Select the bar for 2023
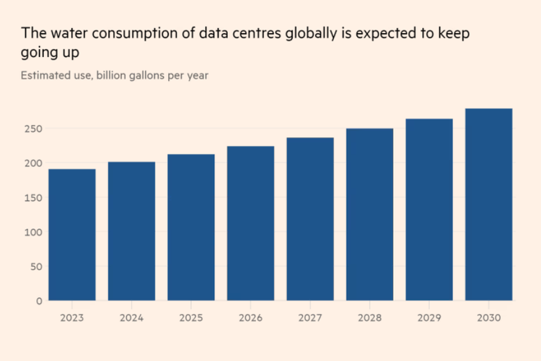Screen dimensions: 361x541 [x=72, y=235]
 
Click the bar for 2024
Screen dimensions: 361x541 [x=131, y=231]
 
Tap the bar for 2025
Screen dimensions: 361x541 [x=191, y=227]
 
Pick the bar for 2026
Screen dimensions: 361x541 [x=250, y=223]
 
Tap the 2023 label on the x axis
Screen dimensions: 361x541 [x=72, y=317]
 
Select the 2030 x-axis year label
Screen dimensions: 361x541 [x=488, y=317]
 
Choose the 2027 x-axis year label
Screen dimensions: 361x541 [x=310, y=317]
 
